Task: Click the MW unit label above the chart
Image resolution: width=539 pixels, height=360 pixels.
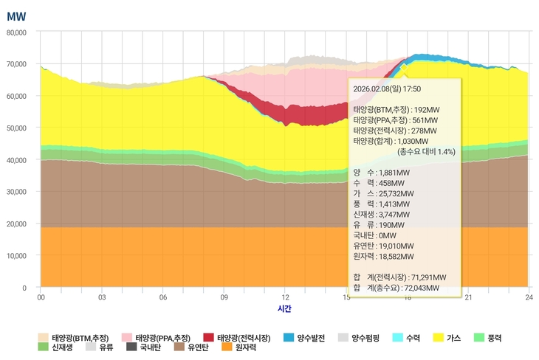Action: click(16, 15)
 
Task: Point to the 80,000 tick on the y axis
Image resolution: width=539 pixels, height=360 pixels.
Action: click(16, 32)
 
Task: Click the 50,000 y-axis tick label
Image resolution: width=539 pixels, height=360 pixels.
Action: click(16, 128)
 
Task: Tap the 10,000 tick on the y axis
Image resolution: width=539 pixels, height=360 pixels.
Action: click(16, 256)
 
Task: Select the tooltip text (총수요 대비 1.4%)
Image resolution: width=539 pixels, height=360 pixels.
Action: click(426, 151)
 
